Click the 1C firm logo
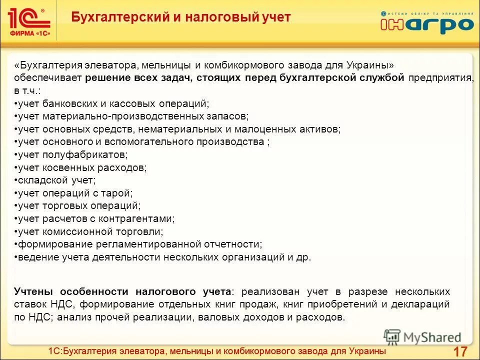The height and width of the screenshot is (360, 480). point(29,20)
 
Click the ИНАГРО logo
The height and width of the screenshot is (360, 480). point(426,22)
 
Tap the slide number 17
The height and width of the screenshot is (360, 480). point(459,351)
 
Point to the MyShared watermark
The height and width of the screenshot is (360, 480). point(423,337)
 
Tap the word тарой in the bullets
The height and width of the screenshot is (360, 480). point(118,193)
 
